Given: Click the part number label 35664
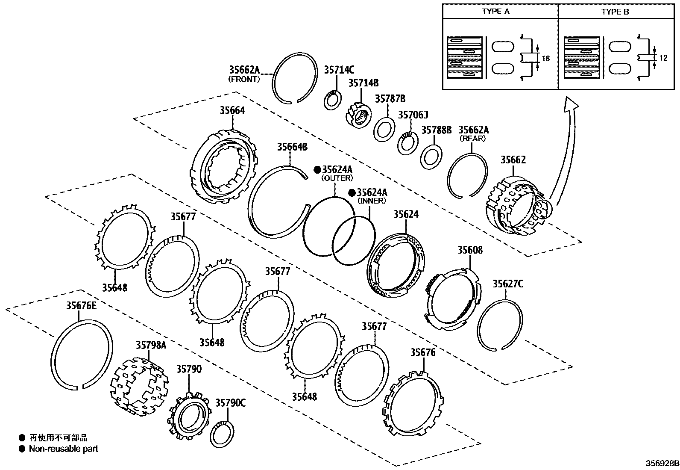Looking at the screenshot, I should (232, 110).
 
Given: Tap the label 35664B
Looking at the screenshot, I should (292, 147).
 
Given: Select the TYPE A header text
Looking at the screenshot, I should (495, 12).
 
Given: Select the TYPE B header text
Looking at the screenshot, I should (615, 12).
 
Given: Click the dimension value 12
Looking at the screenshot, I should (663, 58).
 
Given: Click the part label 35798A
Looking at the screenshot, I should (151, 345).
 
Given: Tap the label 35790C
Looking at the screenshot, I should (230, 403).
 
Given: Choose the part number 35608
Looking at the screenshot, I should (470, 250).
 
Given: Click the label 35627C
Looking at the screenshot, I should (508, 284).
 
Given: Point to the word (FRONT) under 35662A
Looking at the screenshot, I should (244, 79).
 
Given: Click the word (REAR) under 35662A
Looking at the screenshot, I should (472, 139).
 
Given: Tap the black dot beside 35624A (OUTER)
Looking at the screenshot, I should (317, 169).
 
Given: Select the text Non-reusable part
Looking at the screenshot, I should (63, 449).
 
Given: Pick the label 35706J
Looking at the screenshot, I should (413, 115).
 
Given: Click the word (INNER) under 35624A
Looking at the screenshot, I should (371, 201).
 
